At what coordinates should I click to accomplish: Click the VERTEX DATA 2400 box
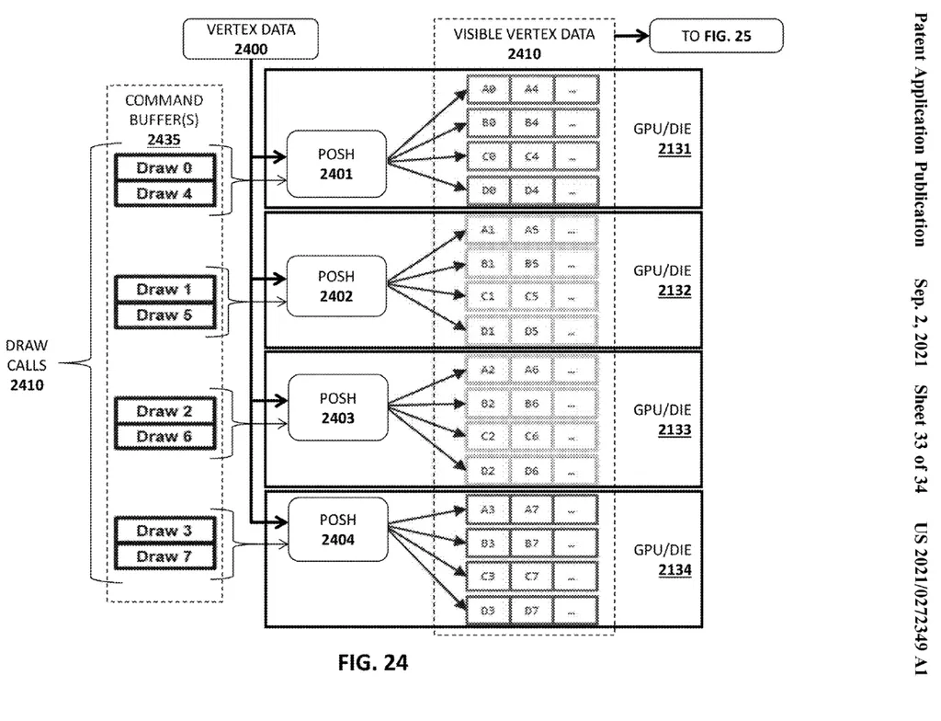tap(250, 38)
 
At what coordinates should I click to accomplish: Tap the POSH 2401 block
tap(336, 163)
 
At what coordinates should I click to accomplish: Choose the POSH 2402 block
tap(336, 286)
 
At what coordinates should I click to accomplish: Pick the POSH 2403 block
tap(336, 408)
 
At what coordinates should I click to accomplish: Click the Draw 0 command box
tap(164, 168)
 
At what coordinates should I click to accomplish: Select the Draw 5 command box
tap(164, 315)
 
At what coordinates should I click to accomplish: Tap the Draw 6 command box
tap(164, 437)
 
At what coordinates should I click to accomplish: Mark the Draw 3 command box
tap(164, 531)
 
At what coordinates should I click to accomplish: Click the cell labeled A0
tap(488, 89)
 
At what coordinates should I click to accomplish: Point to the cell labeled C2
tap(488, 437)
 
